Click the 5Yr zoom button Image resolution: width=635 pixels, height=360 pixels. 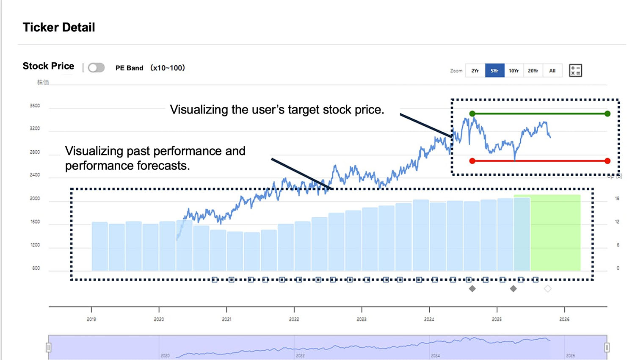(494, 71)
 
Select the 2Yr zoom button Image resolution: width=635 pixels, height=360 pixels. (475, 71)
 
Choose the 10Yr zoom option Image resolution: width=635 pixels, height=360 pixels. (514, 71)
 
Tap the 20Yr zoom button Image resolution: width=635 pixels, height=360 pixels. (533, 71)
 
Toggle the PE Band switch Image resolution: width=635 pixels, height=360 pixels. (96, 68)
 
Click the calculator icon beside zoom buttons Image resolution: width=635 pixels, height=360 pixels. (575, 70)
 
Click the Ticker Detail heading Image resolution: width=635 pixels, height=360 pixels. (59, 28)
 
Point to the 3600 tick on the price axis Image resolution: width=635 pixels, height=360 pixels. (35, 106)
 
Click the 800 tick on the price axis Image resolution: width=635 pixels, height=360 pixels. (36, 268)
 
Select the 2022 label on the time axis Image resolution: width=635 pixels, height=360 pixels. (294, 319)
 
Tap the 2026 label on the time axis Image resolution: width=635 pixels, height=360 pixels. (564, 319)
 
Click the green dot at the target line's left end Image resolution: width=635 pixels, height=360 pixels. (472, 114)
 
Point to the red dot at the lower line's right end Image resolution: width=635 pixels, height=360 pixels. (607, 161)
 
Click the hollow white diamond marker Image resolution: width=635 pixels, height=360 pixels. (547, 289)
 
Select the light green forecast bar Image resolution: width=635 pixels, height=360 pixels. (555, 233)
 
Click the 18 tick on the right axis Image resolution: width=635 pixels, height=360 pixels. (617, 198)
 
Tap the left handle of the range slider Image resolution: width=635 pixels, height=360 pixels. (49, 348)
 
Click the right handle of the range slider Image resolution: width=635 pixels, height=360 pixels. (607, 348)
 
